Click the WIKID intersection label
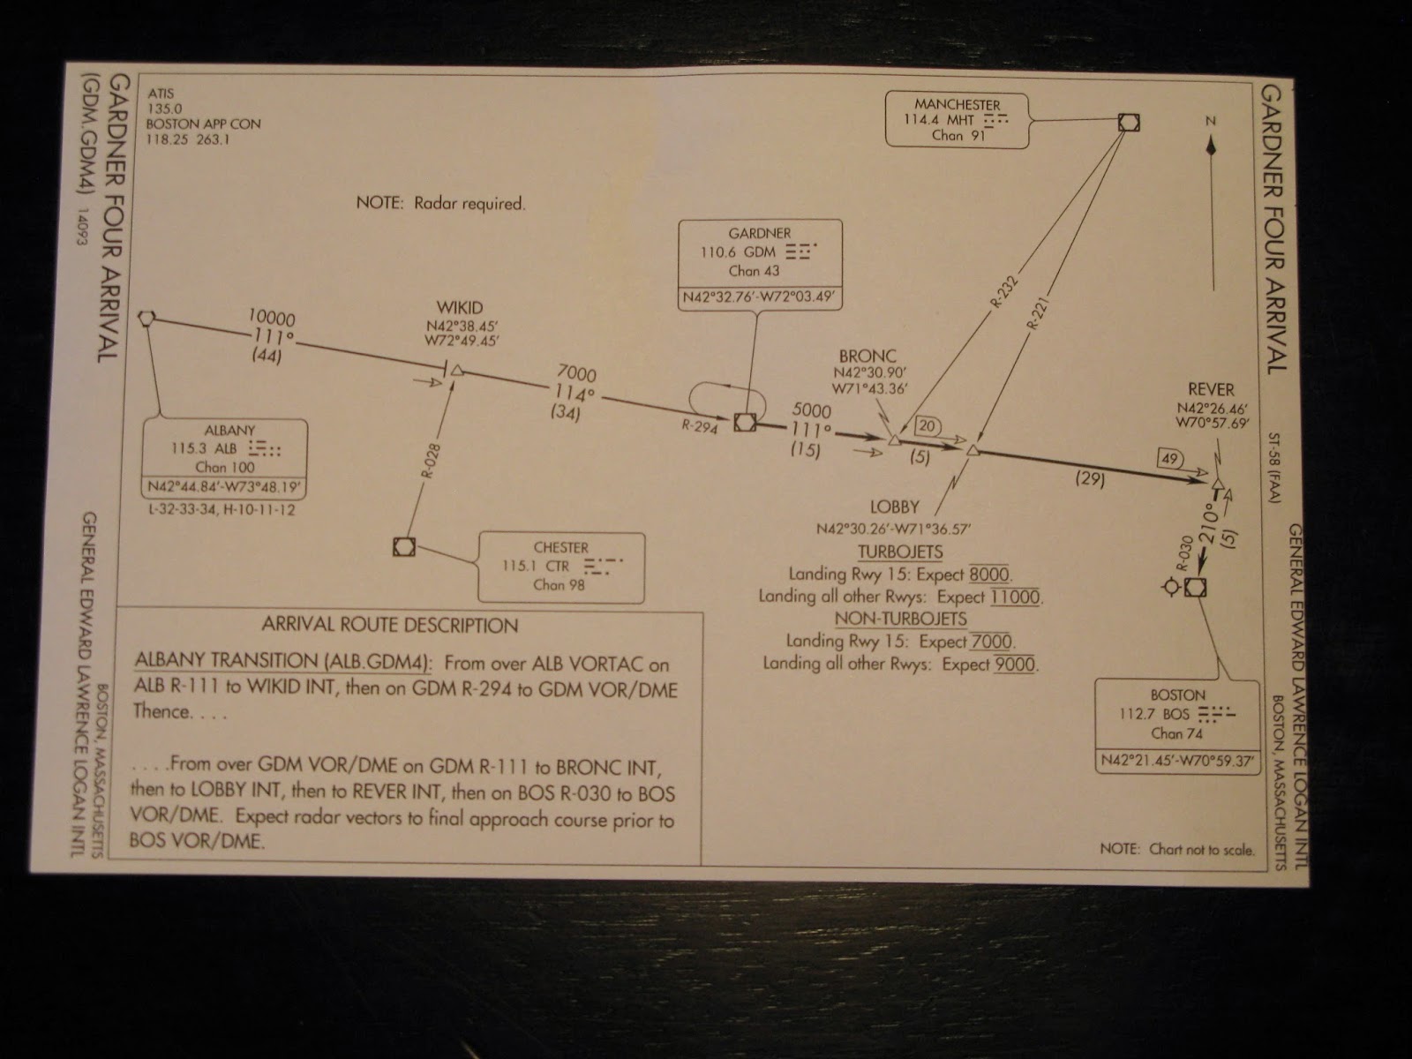click(x=459, y=307)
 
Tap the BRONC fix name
click(x=867, y=357)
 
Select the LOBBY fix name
click(x=895, y=507)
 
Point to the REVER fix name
click(x=1211, y=390)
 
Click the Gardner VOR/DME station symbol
click(x=745, y=422)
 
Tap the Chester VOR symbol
click(x=404, y=546)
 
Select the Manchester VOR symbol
click(x=1129, y=122)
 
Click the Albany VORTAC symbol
click(x=146, y=318)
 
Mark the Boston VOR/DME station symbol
click(x=1195, y=587)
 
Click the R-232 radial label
click(x=1004, y=291)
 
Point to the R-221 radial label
click(x=1038, y=314)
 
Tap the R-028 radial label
click(x=431, y=461)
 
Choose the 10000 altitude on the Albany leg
click(x=272, y=318)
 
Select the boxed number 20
click(x=927, y=425)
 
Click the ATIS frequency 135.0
click(x=165, y=109)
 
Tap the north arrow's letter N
click(x=1211, y=121)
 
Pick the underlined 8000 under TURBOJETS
click(x=989, y=575)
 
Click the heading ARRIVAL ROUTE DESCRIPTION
click(x=390, y=625)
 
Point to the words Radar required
click(x=469, y=204)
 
